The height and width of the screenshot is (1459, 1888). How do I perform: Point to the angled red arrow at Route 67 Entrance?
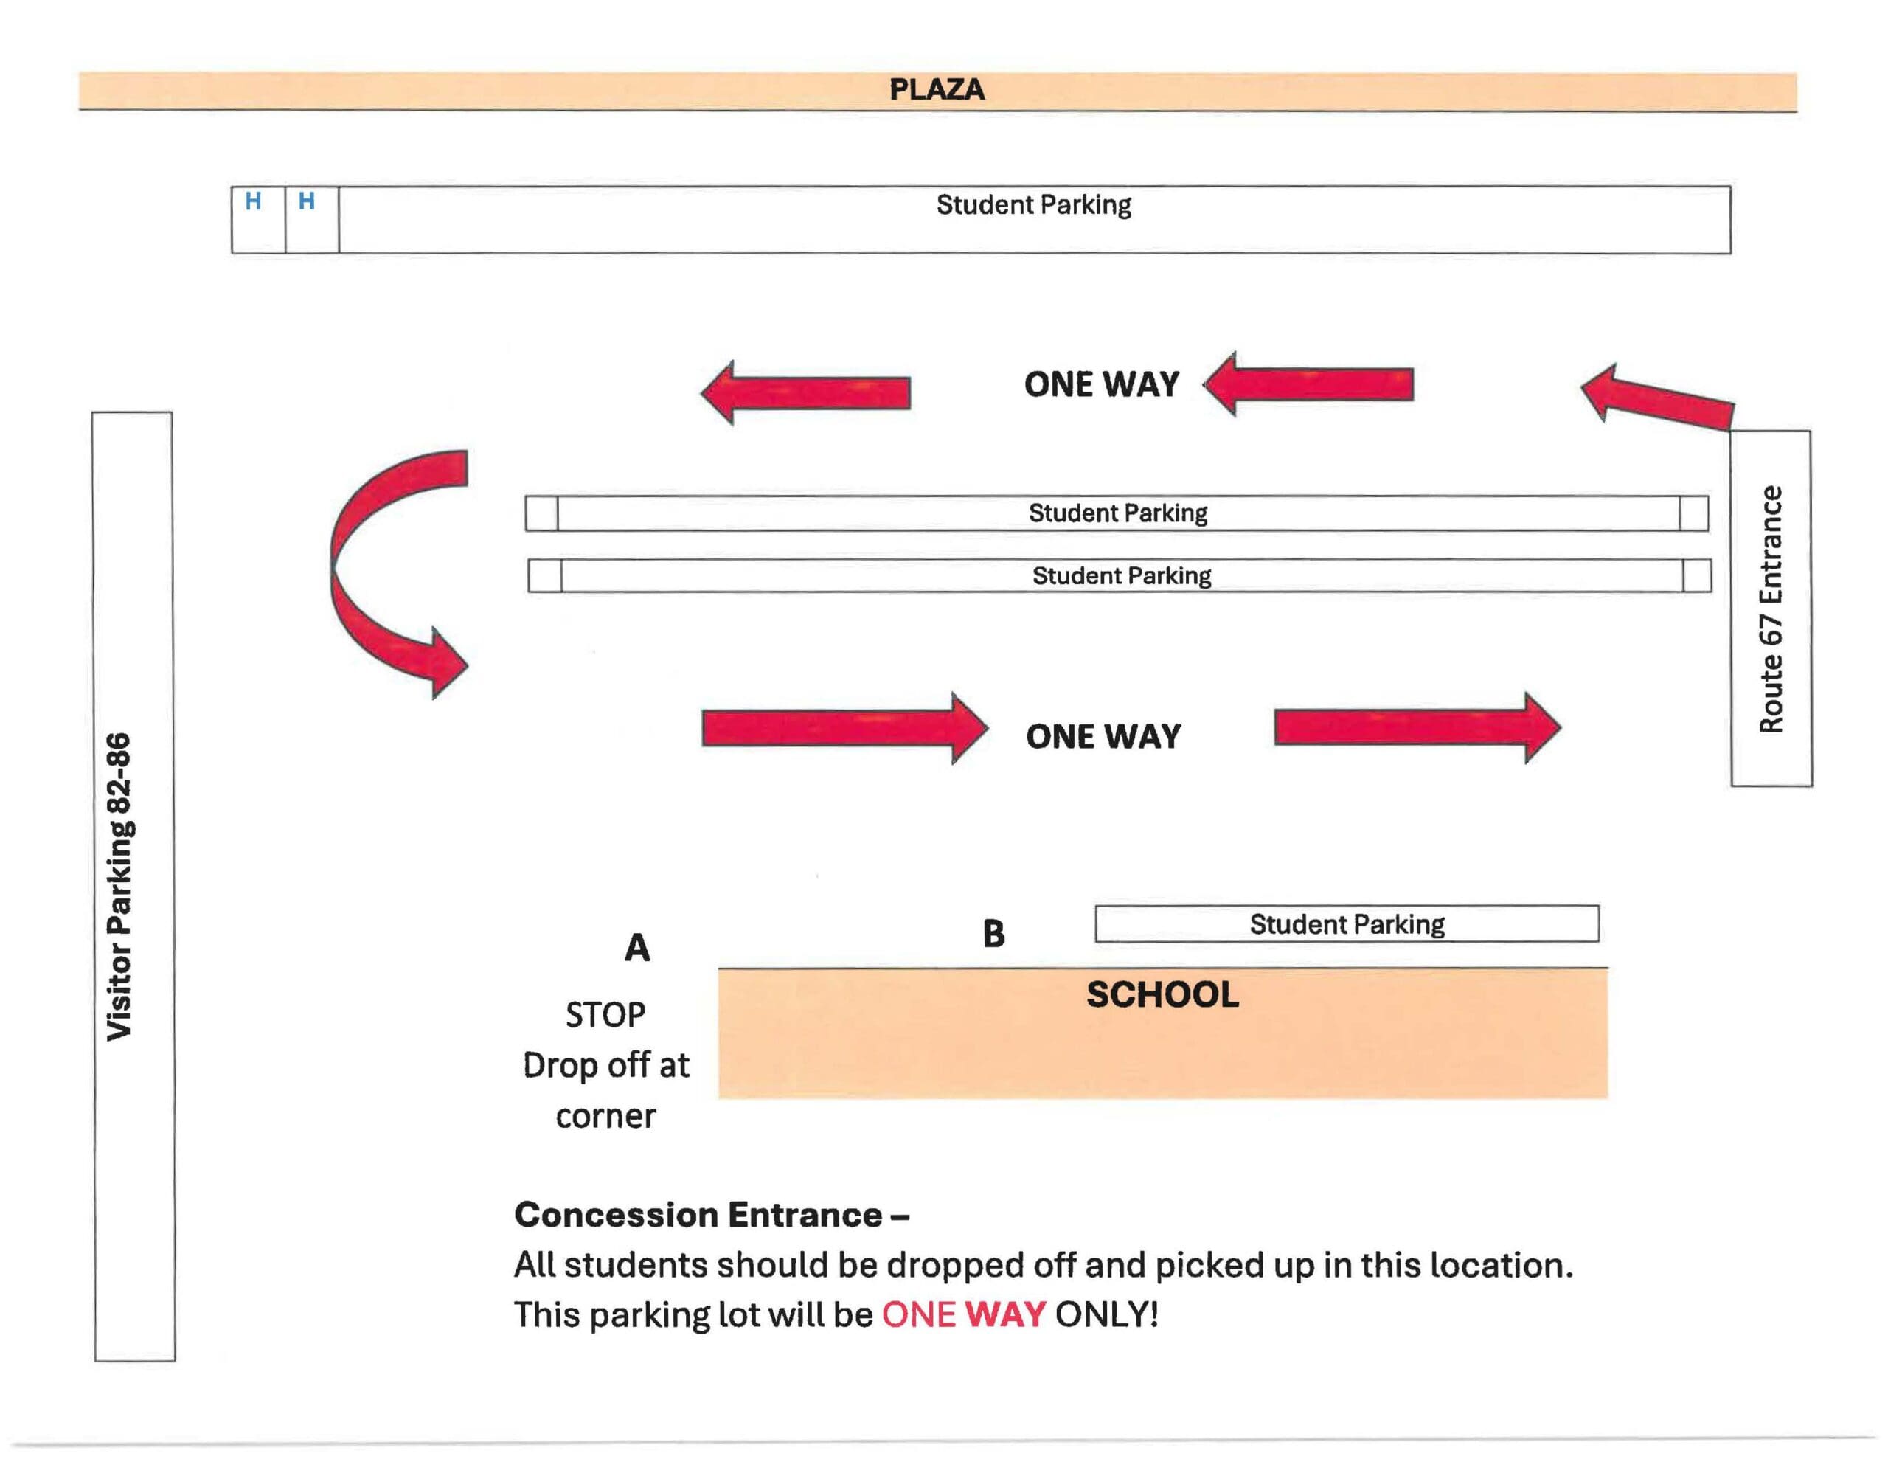coord(1656,400)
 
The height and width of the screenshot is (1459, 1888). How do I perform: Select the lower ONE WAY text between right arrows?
coord(1103,737)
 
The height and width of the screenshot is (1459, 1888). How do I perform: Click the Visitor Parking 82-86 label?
coord(119,886)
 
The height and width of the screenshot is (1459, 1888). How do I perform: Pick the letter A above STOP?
coord(637,948)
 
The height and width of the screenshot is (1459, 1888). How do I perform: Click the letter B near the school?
coord(993,934)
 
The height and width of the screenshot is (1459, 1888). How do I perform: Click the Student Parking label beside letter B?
coord(1346,924)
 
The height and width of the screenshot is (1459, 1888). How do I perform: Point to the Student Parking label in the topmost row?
coord(1033,205)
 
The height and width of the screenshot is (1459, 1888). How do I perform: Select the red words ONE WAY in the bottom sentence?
coord(963,1314)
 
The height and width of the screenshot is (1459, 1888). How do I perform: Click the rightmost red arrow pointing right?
coord(1417,728)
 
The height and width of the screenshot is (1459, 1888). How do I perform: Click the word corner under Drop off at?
coord(605,1117)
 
